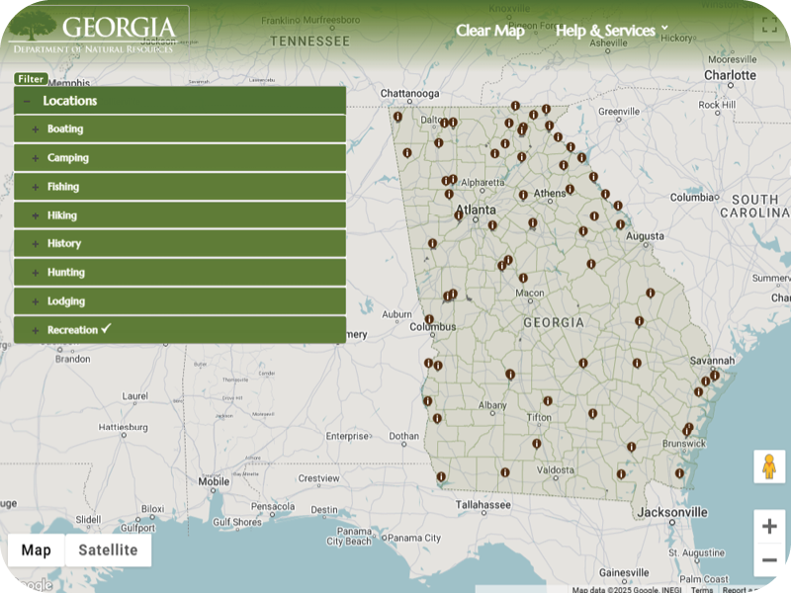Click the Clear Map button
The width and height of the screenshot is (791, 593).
click(x=489, y=31)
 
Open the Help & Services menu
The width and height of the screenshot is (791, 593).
click(x=612, y=31)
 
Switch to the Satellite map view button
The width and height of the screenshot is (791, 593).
click(x=108, y=551)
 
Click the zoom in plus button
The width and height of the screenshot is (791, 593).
click(x=769, y=527)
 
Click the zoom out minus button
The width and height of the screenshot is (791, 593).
click(x=769, y=560)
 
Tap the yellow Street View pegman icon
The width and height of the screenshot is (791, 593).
click(x=768, y=466)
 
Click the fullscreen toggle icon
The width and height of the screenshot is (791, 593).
click(x=768, y=27)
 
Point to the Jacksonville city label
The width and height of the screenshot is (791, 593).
click(x=672, y=513)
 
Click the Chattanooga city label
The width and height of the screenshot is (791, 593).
click(x=409, y=94)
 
